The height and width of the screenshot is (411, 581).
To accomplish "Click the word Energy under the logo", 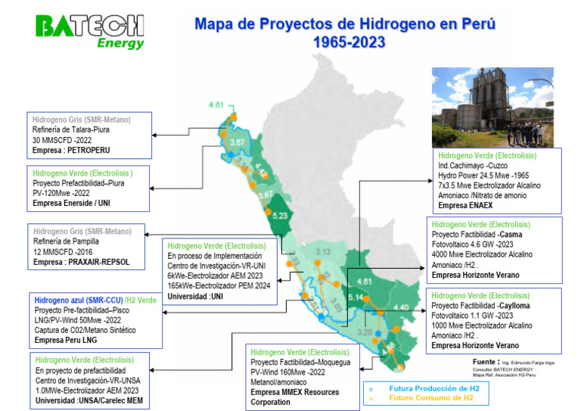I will coord(120,44).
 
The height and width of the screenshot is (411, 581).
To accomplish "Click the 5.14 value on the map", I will coord(355,297).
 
